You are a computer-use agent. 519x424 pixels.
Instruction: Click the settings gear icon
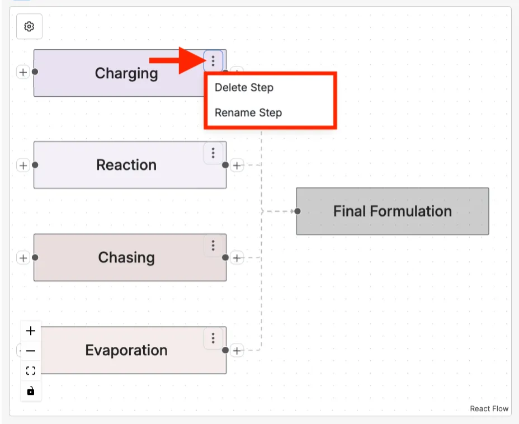pyautogui.click(x=30, y=27)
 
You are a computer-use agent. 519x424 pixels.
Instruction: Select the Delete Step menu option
pyautogui.click(x=244, y=88)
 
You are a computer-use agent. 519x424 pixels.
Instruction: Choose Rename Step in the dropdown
pyautogui.click(x=248, y=112)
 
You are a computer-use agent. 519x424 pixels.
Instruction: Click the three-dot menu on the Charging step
pyautogui.click(x=213, y=60)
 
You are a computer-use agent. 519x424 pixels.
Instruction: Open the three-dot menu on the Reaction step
pyautogui.click(x=213, y=152)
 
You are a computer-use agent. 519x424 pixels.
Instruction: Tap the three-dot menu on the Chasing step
pyautogui.click(x=213, y=245)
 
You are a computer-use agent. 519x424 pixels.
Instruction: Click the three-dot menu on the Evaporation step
pyautogui.click(x=213, y=338)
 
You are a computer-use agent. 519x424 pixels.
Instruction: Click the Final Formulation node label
pyautogui.click(x=392, y=211)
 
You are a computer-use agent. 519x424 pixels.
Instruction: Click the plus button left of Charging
pyautogui.click(x=22, y=72)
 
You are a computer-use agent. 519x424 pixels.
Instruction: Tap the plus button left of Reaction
pyautogui.click(x=22, y=165)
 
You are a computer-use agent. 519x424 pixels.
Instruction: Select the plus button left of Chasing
pyautogui.click(x=22, y=258)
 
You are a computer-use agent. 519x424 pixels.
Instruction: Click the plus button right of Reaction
pyautogui.click(x=238, y=165)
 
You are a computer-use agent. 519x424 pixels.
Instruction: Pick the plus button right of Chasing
pyautogui.click(x=238, y=258)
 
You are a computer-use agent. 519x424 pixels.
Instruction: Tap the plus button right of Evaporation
pyautogui.click(x=238, y=351)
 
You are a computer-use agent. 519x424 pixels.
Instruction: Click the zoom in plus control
pyautogui.click(x=31, y=331)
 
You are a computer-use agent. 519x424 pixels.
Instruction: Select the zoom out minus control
pyautogui.click(x=31, y=351)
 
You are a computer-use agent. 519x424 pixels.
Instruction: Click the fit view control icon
pyautogui.click(x=31, y=370)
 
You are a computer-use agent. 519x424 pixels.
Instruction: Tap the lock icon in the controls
pyautogui.click(x=31, y=390)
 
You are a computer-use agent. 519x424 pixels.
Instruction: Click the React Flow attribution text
pyautogui.click(x=489, y=409)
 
